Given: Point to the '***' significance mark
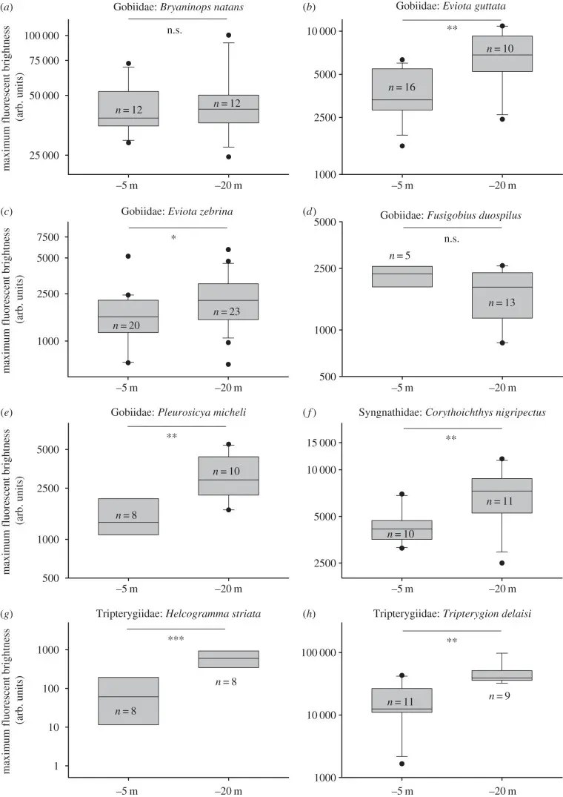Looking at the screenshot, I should (x=176, y=638).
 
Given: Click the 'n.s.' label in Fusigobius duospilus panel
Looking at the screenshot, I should (x=451, y=237).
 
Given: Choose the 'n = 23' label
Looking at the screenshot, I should (x=227, y=312).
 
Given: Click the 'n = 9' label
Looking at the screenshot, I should (x=502, y=696).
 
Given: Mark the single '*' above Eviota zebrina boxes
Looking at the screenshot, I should (x=177, y=238).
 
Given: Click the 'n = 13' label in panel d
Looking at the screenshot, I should (x=502, y=302).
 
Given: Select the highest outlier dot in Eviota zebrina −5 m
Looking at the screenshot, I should (x=127, y=257).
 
